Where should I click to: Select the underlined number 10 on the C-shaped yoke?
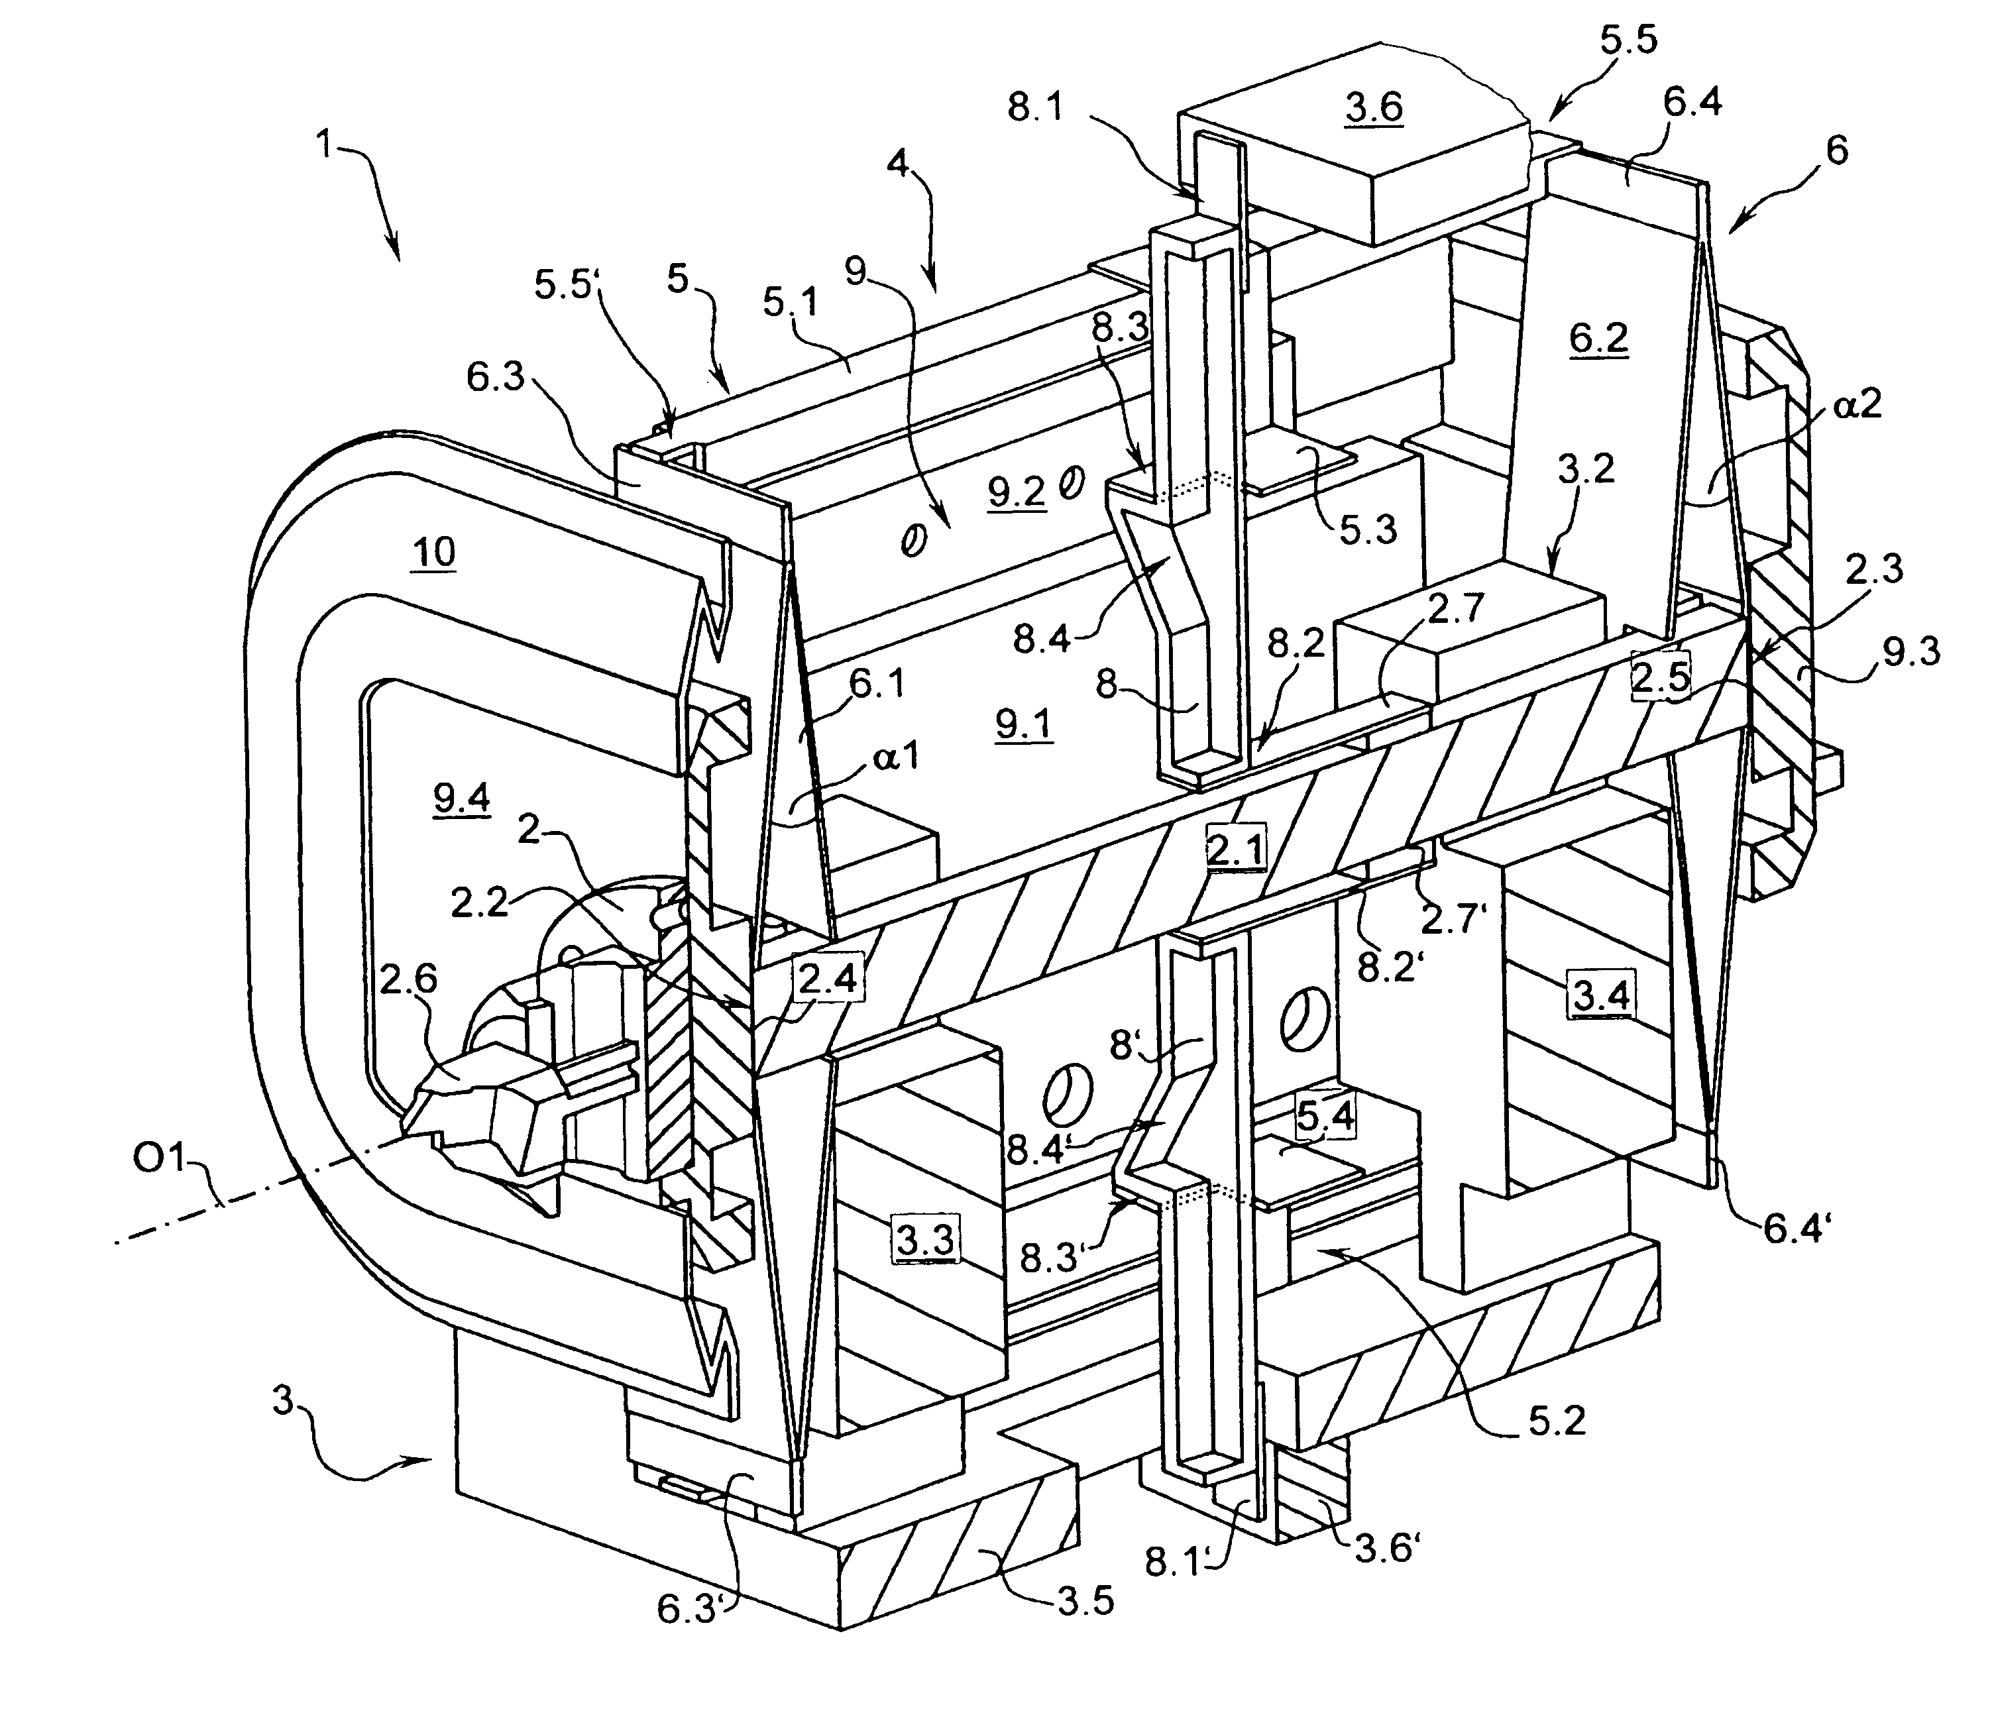(x=433, y=553)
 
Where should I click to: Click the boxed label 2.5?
(x=1660, y=679)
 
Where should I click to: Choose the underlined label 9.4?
(x=461, y=799)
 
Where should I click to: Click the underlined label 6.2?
(x=1599, y=339)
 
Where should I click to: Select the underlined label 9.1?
(x=1024, y=723)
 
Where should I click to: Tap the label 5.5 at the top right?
(x=1630, y=42)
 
